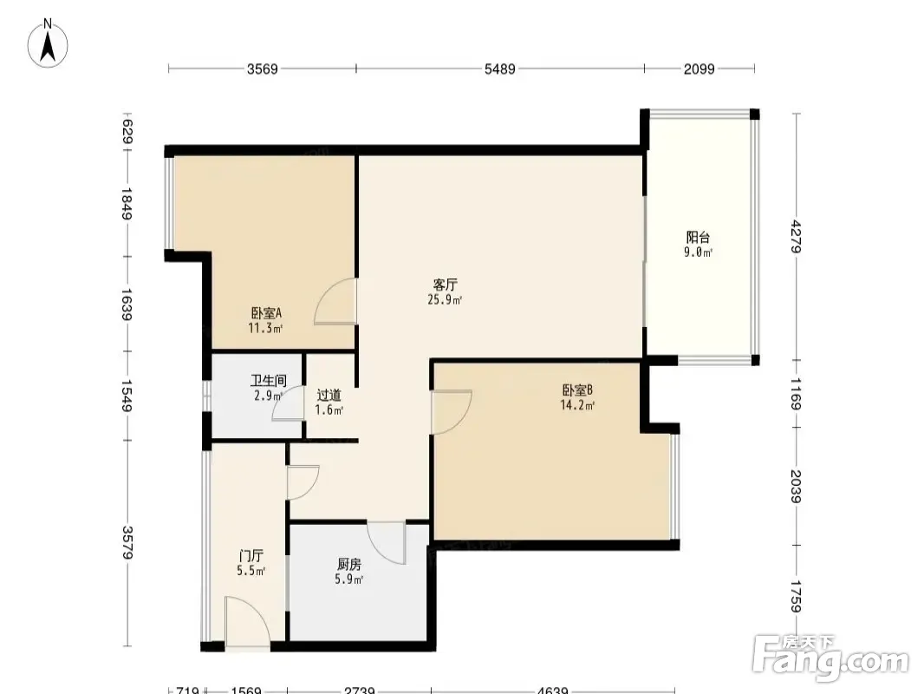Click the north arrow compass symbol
click(x=48, y=43)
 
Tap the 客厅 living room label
click(x=445, y=285)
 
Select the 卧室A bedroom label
click(x=266, y=313)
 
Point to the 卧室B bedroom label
click(x=577, y=390)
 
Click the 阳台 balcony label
click(x=698, y=238)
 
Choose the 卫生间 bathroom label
click(x=268, y=381)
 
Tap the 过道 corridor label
click(x=329, y=395)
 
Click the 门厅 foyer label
click(x=251, y=555)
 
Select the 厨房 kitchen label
click(x=348, y=564)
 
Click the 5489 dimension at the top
click(x=500, y=69)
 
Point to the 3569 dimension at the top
click(x=263, y=69)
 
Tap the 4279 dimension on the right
click(x=796, y=237)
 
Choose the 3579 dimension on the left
click(x=127, y=542)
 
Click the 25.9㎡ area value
click(x=445, y=299)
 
